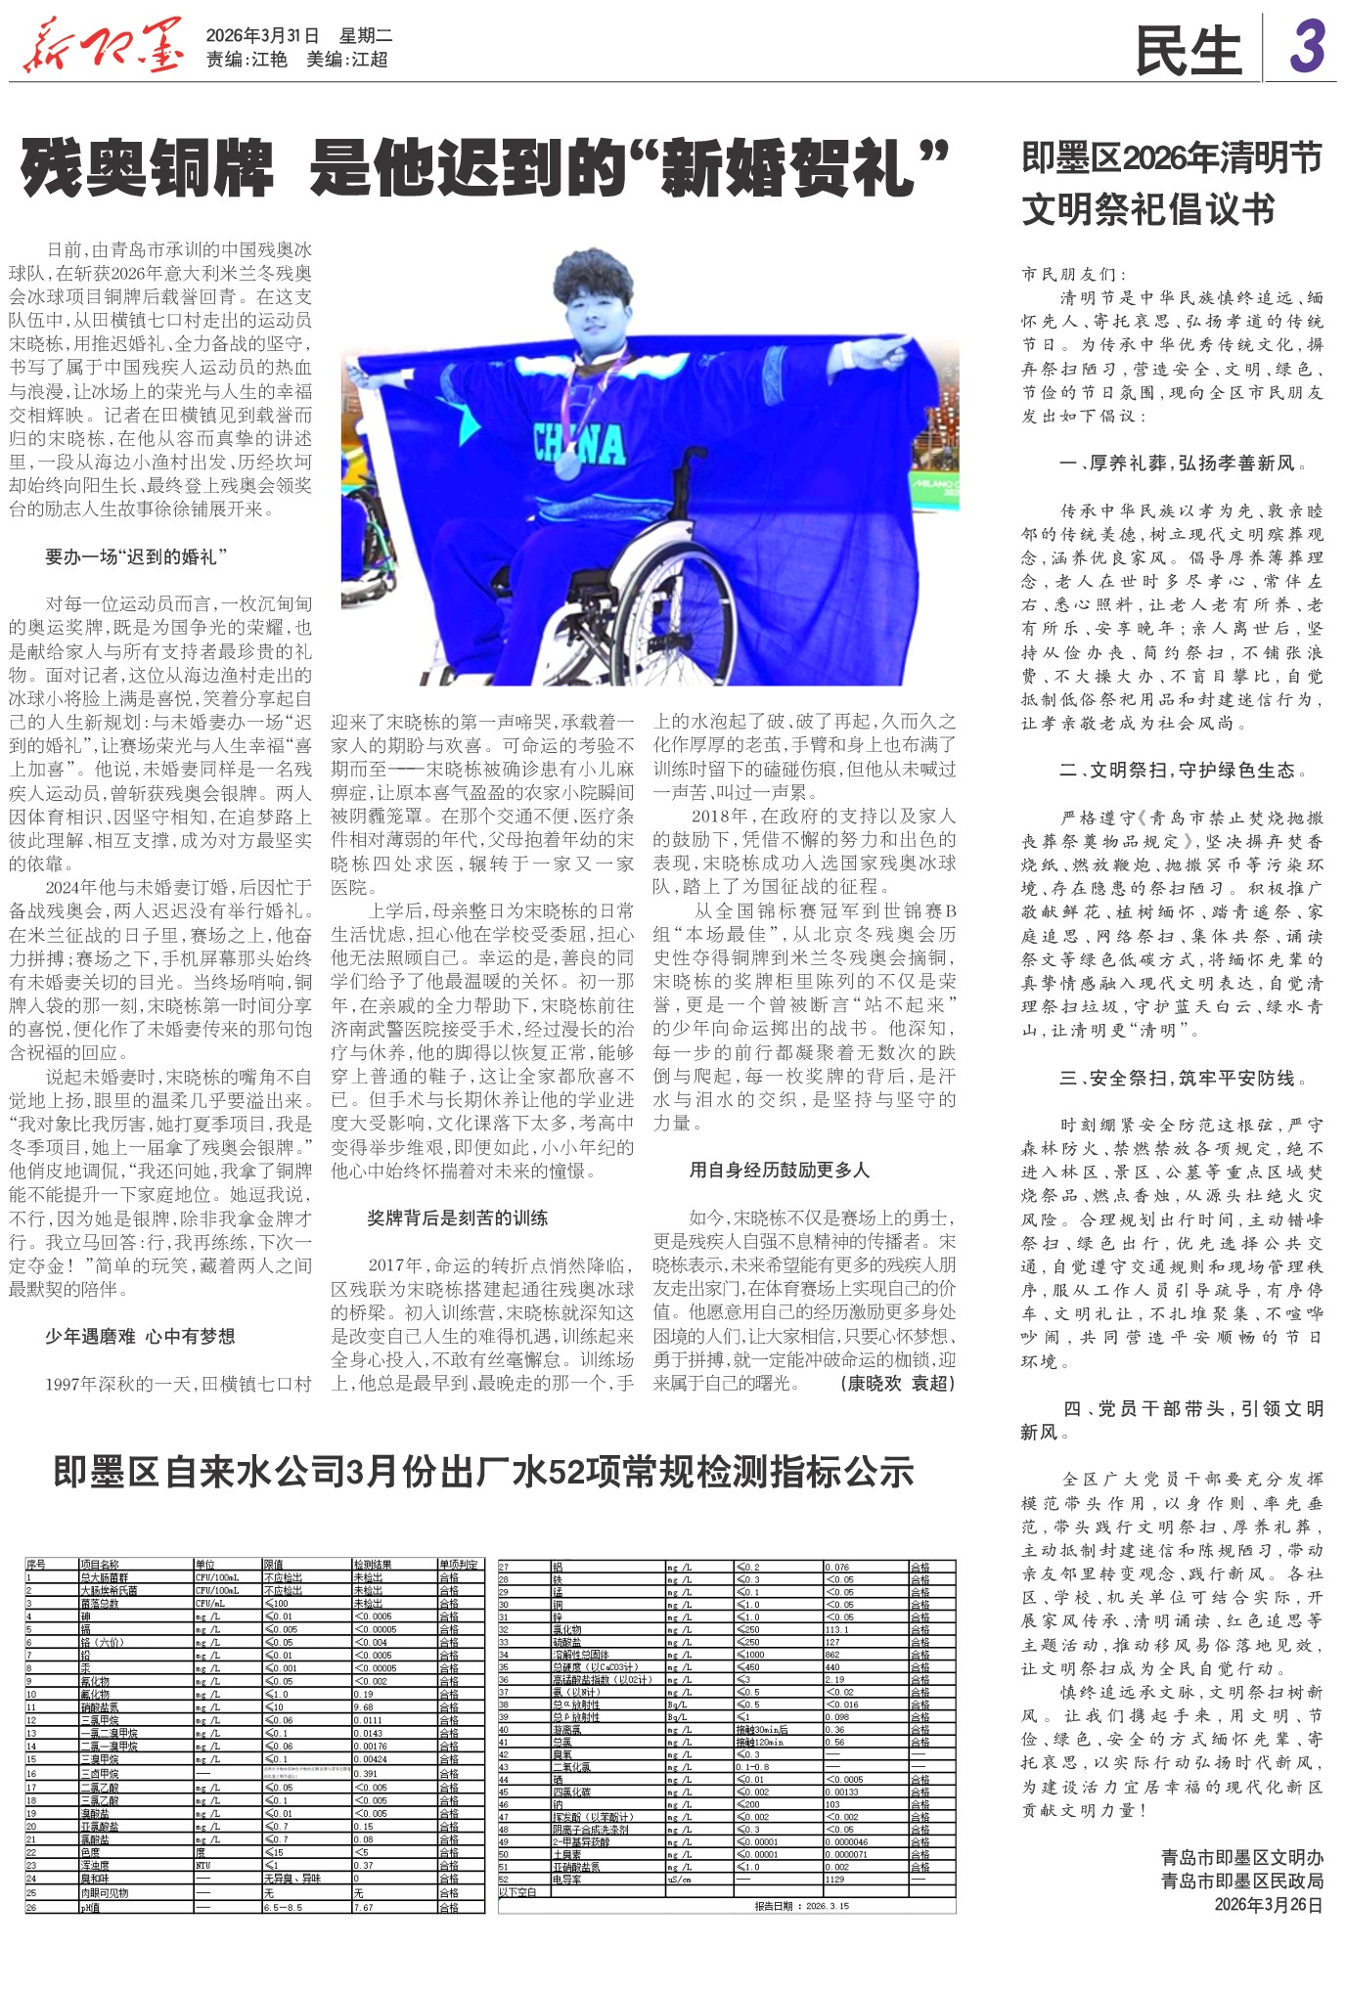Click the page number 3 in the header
[x=1306, y=47]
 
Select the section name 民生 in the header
[x=1188, y=51]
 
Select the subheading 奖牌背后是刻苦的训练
[x=457, y=1218]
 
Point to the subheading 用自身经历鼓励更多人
[x=779, y=1171]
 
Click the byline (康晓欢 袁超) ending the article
[x=897, y=1384]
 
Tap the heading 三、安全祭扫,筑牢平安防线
[x=1182, y=1079]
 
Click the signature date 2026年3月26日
[x=1269, y=1905]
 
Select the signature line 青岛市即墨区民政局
[x=1242, y=1881]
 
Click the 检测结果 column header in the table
[x=373, y=1566]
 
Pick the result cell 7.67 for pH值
[x=363, y=1907]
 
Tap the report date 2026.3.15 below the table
[x=801, y=1906]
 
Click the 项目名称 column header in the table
[x=100, y=1566]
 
